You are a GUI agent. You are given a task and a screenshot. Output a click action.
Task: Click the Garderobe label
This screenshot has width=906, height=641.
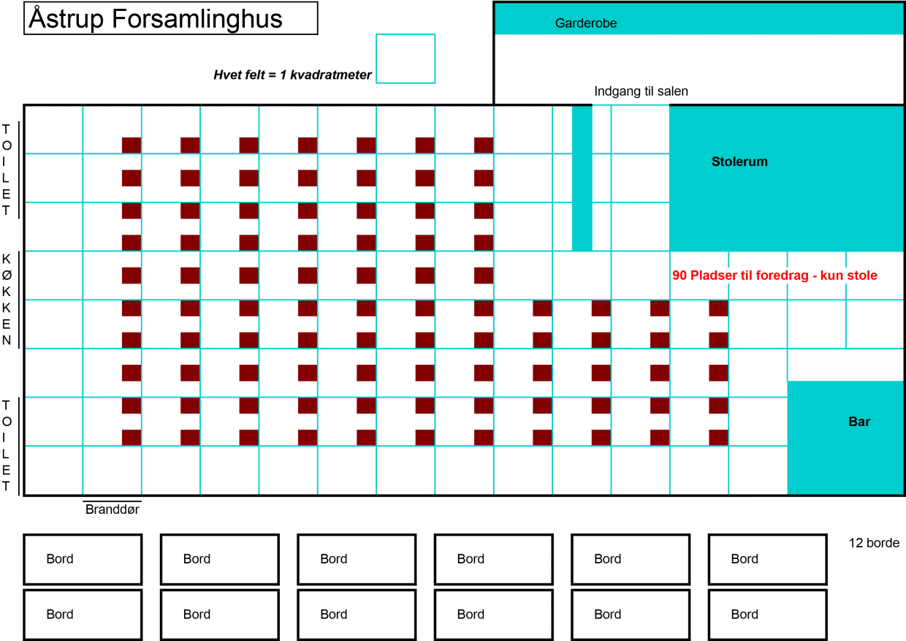[x=585, y=23]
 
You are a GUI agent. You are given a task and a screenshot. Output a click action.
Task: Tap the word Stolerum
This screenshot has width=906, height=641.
[x=739, y=162]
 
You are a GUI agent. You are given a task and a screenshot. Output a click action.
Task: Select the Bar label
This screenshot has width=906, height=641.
[x=859, y=422]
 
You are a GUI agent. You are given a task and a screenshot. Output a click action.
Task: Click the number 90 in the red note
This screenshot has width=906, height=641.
[x=679, y=276]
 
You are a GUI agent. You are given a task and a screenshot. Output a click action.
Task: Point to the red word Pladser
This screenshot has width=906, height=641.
[x=713, y=276]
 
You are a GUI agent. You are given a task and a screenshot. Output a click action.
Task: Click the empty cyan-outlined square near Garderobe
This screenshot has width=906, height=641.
[x=406, y=58]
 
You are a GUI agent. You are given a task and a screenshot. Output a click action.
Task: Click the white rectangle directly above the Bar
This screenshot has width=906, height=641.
[x=845, y=365]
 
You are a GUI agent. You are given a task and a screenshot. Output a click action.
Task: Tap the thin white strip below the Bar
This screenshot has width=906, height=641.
[x=826, y=500]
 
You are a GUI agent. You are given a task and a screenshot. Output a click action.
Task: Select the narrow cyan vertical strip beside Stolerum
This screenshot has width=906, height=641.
[x=582, y=178]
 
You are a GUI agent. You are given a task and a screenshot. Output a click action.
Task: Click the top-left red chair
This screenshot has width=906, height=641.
[x=131, y=145]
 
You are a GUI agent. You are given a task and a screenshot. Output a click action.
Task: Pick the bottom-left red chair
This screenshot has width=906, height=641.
[x=131, y=437]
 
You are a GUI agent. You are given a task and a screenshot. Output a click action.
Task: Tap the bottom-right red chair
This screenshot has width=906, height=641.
[x=718, y=437]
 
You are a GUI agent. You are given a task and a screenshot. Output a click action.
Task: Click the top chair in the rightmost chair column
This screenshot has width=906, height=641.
[x=718, y=308]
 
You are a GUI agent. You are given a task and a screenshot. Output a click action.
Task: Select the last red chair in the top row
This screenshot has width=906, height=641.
[x=483, y=145]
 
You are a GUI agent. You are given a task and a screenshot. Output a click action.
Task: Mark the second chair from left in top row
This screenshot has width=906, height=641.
[x=190, y=145]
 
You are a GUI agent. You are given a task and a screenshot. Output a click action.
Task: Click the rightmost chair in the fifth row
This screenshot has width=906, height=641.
[x=483, y=276]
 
